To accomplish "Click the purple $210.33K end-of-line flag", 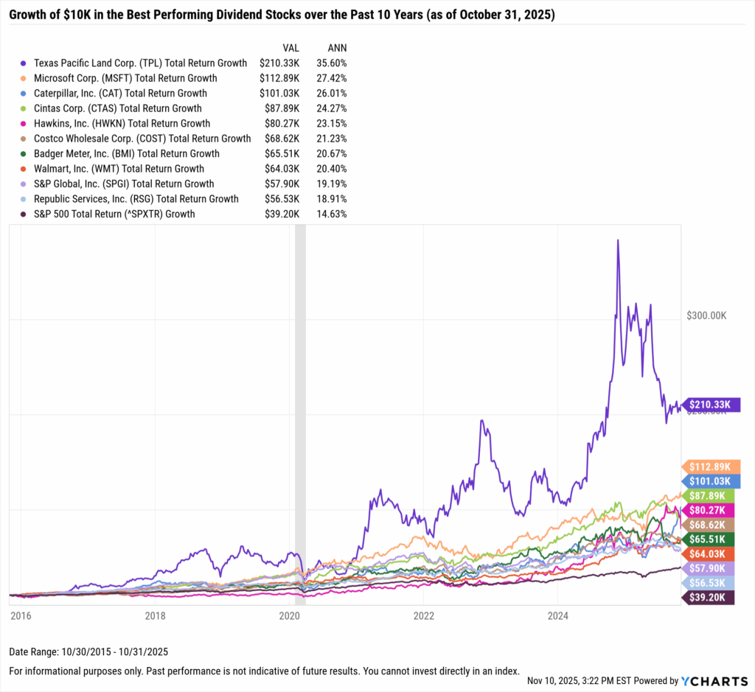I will [712, 404].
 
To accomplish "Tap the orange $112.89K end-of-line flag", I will [712, 466].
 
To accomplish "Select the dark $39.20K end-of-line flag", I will [712, 597].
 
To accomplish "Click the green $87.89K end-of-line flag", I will [712, 495].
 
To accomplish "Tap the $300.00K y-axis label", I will [707, 315].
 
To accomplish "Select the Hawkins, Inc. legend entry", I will [121, 124].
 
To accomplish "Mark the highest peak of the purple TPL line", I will [618, 241].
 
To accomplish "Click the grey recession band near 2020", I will [300, 413].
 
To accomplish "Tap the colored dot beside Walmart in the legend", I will [24, 169].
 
